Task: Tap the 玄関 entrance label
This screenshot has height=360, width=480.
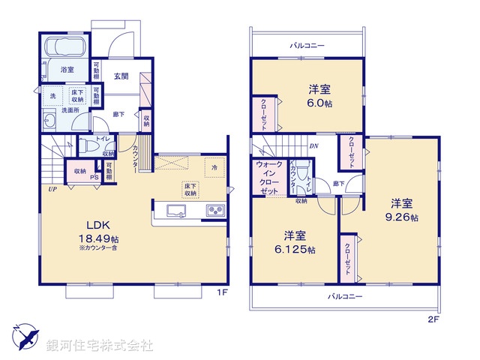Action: pyautogui.click(x=121, y=75)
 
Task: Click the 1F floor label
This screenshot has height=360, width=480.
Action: pyautogui.click(x=223, y=291)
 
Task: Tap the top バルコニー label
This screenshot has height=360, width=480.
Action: pyautogui.click(x=307, y=46)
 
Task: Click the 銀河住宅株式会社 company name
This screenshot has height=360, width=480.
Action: pyautogui.click(x=100, y=346)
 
